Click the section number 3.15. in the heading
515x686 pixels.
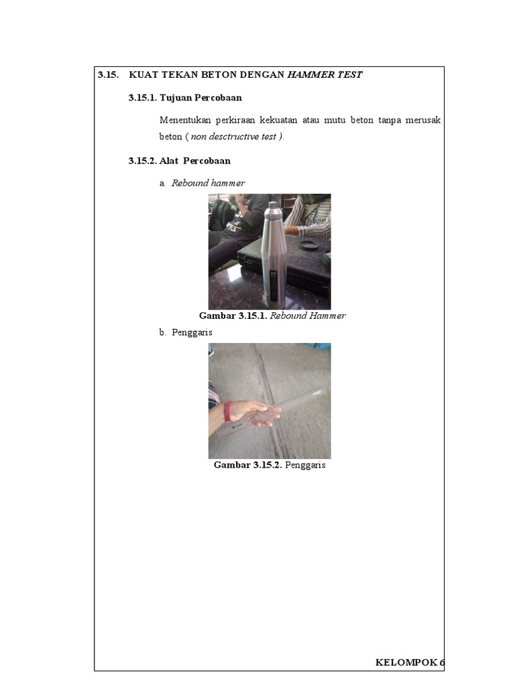coord(109,75)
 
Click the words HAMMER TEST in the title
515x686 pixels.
coord(325,75)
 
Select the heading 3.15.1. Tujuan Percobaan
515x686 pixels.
coord(185,98)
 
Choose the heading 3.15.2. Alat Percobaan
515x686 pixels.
coord(180,161)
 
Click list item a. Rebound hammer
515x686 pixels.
coord(203,183)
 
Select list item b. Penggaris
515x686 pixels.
coord(186,332)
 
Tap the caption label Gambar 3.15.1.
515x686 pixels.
coord(233,316)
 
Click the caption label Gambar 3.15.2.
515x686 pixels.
coord(247,465)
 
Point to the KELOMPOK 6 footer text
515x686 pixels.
coord(409,663)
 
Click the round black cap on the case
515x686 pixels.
coord(308,245)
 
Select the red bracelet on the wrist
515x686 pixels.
coord(227,411)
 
